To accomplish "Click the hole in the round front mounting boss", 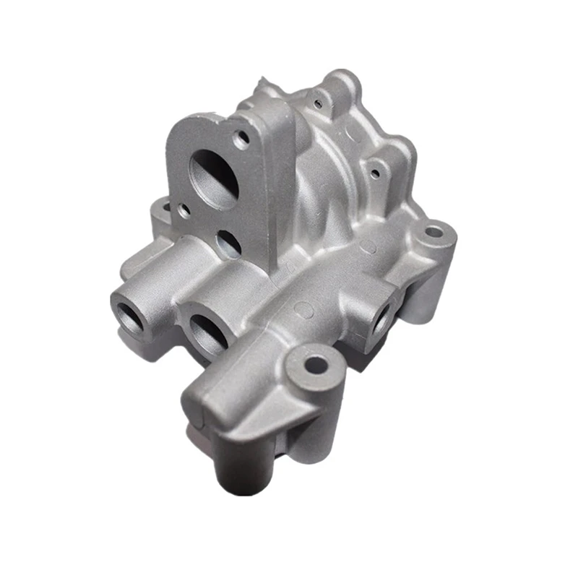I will coord(315,364).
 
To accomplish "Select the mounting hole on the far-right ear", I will coord(433,233).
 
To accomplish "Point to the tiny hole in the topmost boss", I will coord(319,95).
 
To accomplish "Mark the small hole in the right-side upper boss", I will coord(374,173).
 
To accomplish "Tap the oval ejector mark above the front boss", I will coord(306,311).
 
